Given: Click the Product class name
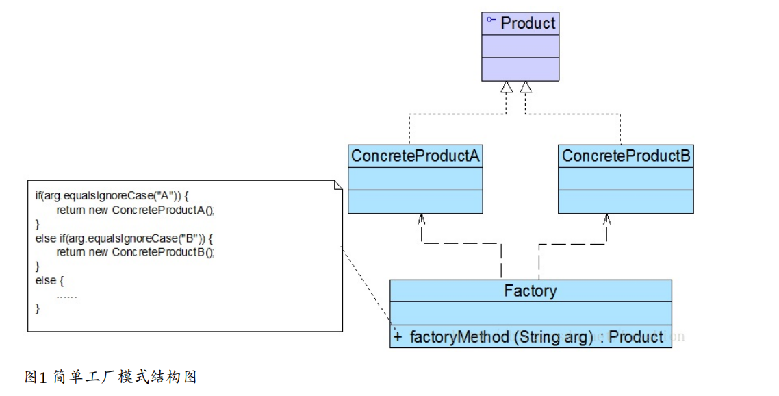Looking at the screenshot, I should [528, 23].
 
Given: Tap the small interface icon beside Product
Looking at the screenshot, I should [491, 21].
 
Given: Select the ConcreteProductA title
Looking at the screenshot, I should [415, 157].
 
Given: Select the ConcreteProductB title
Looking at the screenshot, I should [626, 157].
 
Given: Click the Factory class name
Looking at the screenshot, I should [531, 290].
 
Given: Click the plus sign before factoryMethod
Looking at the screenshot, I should [398, 337].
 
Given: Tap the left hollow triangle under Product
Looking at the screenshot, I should [506, 87].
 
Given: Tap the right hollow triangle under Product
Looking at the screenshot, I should [526, 87].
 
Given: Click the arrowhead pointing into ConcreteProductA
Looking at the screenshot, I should [422, 219].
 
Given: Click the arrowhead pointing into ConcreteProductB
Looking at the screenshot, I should [606, 219].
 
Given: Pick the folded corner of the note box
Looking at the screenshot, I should [337, 186].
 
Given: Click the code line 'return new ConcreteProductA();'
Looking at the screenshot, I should [136, 210].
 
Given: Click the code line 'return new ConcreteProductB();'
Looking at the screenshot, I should [136, 252].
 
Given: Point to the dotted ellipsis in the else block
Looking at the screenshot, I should [66, 296].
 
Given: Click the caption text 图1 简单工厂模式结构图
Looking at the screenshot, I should [111, 377].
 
